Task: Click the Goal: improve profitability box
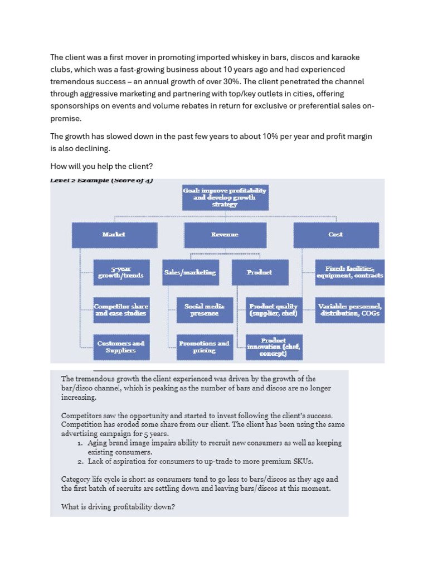tap(225, 197)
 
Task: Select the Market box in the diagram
tap(114, 235)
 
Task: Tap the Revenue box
tap(225, 235)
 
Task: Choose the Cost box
tap(335, 235)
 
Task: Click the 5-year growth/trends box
tap(121, 272)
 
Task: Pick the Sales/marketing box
tap(190, 272)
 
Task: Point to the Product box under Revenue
tap(259, 272)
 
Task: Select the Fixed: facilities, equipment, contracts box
tap(349, 272)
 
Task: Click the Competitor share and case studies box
tap(121, 309)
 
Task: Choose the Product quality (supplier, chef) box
tap(274, 309)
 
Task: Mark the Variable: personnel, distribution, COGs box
tap(349, 309)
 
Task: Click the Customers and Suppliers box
tap(121, 347)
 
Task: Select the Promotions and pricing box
tap(204, 347)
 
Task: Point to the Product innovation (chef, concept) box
tap(274, 347)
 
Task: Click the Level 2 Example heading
tap(101, 180)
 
